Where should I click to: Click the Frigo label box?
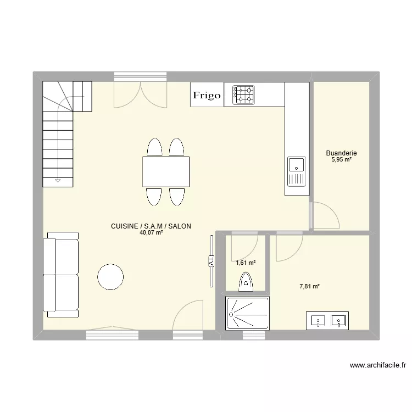(x=207, y=95)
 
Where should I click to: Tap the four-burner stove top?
(x=244, y=94)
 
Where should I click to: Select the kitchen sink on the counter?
(x=296, y=171)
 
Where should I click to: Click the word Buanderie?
(x=341, y=153)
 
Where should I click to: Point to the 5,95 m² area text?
(x=341, y=160)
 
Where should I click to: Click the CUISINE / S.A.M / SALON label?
(x=151, y=226)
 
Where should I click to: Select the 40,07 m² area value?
(x=151, y=233)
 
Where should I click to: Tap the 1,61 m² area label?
(x=246, y=263)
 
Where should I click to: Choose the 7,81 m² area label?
(x=309, y=286)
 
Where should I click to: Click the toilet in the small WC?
(x=246, y=282)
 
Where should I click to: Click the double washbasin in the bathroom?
(x=327, y=319)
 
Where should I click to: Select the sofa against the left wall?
(x=62, y=275)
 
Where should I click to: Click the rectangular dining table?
(x=166, y=171)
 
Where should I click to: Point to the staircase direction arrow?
(x=58, y=180)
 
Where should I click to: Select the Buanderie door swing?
(x=324, y=215)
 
